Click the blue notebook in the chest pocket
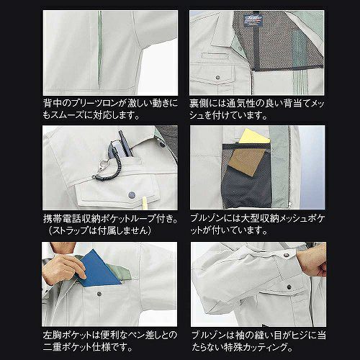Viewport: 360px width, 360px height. click(99, 269)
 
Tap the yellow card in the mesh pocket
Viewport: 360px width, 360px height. click(255, 137)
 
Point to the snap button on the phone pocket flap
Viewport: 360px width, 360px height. click(131, 194)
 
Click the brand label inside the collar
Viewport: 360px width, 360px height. click(254, 19)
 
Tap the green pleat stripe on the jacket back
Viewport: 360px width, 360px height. click(99, 49)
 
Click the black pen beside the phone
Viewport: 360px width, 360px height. click(125, 144)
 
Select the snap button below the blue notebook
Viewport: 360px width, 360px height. click(99, 294)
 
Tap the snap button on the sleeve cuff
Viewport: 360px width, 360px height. click(286, 255)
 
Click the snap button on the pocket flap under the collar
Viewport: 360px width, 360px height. click(217, 78)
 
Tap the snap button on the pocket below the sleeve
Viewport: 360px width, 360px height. click(289, 287)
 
